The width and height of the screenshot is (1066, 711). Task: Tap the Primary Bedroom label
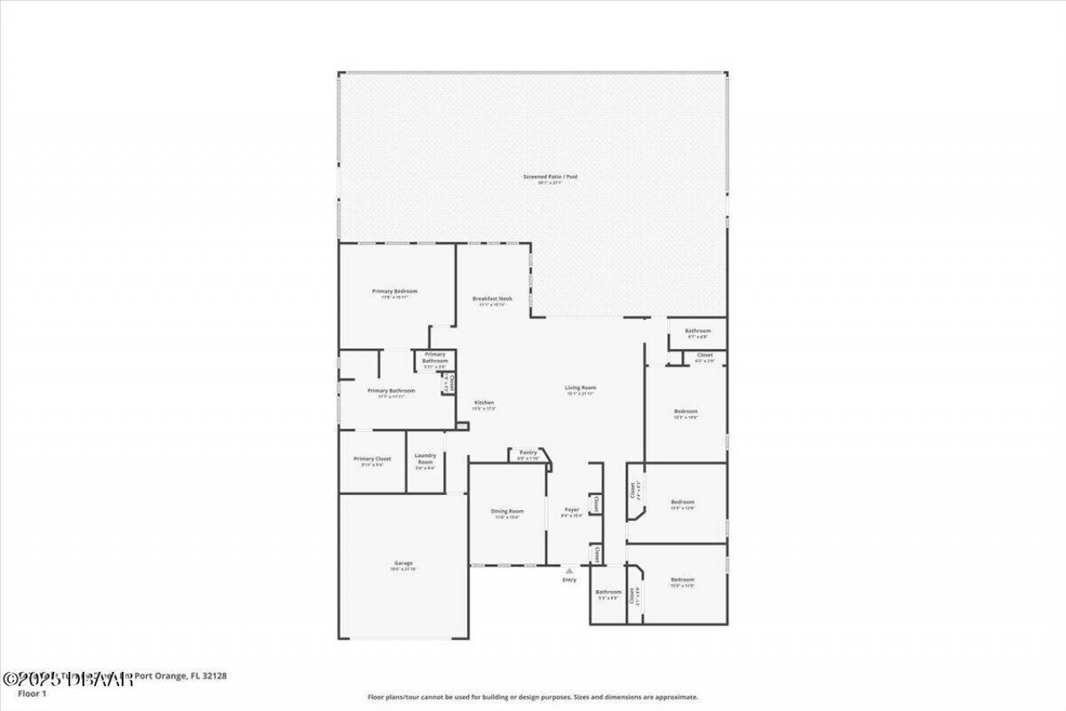394,291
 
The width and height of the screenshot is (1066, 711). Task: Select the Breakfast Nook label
492,298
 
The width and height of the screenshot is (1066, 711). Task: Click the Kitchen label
484,403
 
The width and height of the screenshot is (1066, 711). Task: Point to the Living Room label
580,388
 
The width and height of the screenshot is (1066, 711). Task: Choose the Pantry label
528,452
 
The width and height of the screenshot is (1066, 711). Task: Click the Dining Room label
507,511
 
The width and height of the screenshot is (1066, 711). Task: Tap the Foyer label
571,509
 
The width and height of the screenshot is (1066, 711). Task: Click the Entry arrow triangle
569,571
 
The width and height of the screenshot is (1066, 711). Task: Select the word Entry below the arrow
569,579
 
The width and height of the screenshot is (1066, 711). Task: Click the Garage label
403,563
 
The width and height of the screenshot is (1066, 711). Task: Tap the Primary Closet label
372,458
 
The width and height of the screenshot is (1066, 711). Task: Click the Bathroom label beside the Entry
608,592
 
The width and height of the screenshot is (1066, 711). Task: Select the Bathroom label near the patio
697,331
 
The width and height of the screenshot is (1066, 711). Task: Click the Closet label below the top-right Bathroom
705,355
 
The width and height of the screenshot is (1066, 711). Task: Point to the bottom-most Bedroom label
682,579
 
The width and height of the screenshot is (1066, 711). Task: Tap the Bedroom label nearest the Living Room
685,411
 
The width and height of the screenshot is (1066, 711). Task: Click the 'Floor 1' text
32,693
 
